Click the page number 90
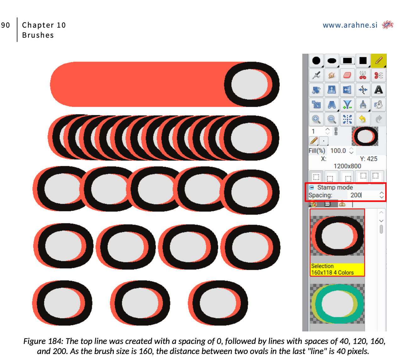click(x=5, y=25)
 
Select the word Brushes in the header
click(x=38, y=35)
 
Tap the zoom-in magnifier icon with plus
click(x=316, y=119)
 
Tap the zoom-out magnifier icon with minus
click(x=332, y=119)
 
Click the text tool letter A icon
click(x=378, y=90)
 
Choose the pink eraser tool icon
click(x=347, y=75)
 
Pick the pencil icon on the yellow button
click(x=378, y=60)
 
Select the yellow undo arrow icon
click(x=362, y=119)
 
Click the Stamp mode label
click(x=335, y=187)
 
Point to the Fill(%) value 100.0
click(x=338, y=150)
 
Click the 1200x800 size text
click(x=347, y=166)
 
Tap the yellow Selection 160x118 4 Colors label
click(x=337, y=269)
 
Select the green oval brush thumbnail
click(x=337, y=303)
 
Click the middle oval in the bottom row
click(x=140, y=303)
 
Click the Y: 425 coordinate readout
click(x=368, y=159)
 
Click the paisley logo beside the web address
click(x=387, y=25)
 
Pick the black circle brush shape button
click(x=316, y=60)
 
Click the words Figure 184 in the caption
click(x=43, y=341)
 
